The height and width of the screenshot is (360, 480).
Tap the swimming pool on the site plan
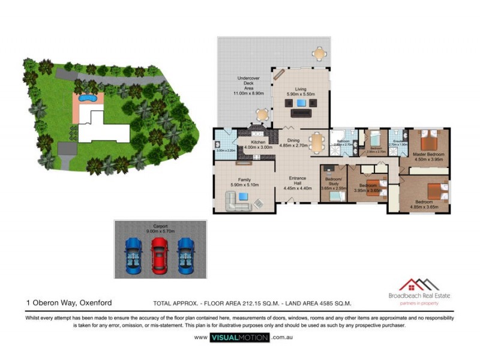click(88, 97)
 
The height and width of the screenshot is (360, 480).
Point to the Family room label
click(245, 179)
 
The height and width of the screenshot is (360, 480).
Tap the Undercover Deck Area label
click(248, 86)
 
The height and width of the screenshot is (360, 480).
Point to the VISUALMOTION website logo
click(239, 338)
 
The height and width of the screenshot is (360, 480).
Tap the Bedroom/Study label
click(334, 182)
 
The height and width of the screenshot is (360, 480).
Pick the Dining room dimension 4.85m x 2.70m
click(293, 145)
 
